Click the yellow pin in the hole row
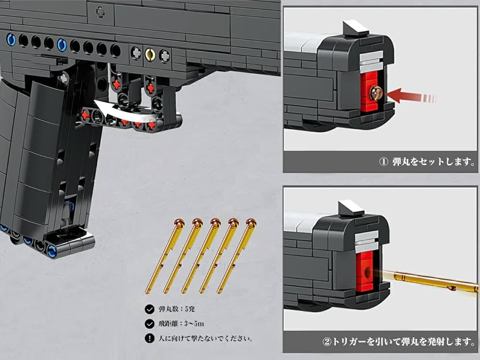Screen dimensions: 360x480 [x=150, y=53]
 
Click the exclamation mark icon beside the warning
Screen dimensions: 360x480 [x=149, y=339]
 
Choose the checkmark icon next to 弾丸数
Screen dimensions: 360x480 [x=149, y=310]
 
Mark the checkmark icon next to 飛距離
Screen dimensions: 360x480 [x=149, y=324]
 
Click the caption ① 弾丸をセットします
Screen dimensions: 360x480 [x=427, y=162]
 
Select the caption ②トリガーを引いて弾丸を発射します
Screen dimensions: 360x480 [x=398, y=342]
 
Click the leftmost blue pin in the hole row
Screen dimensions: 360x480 [x=11, y=39]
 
